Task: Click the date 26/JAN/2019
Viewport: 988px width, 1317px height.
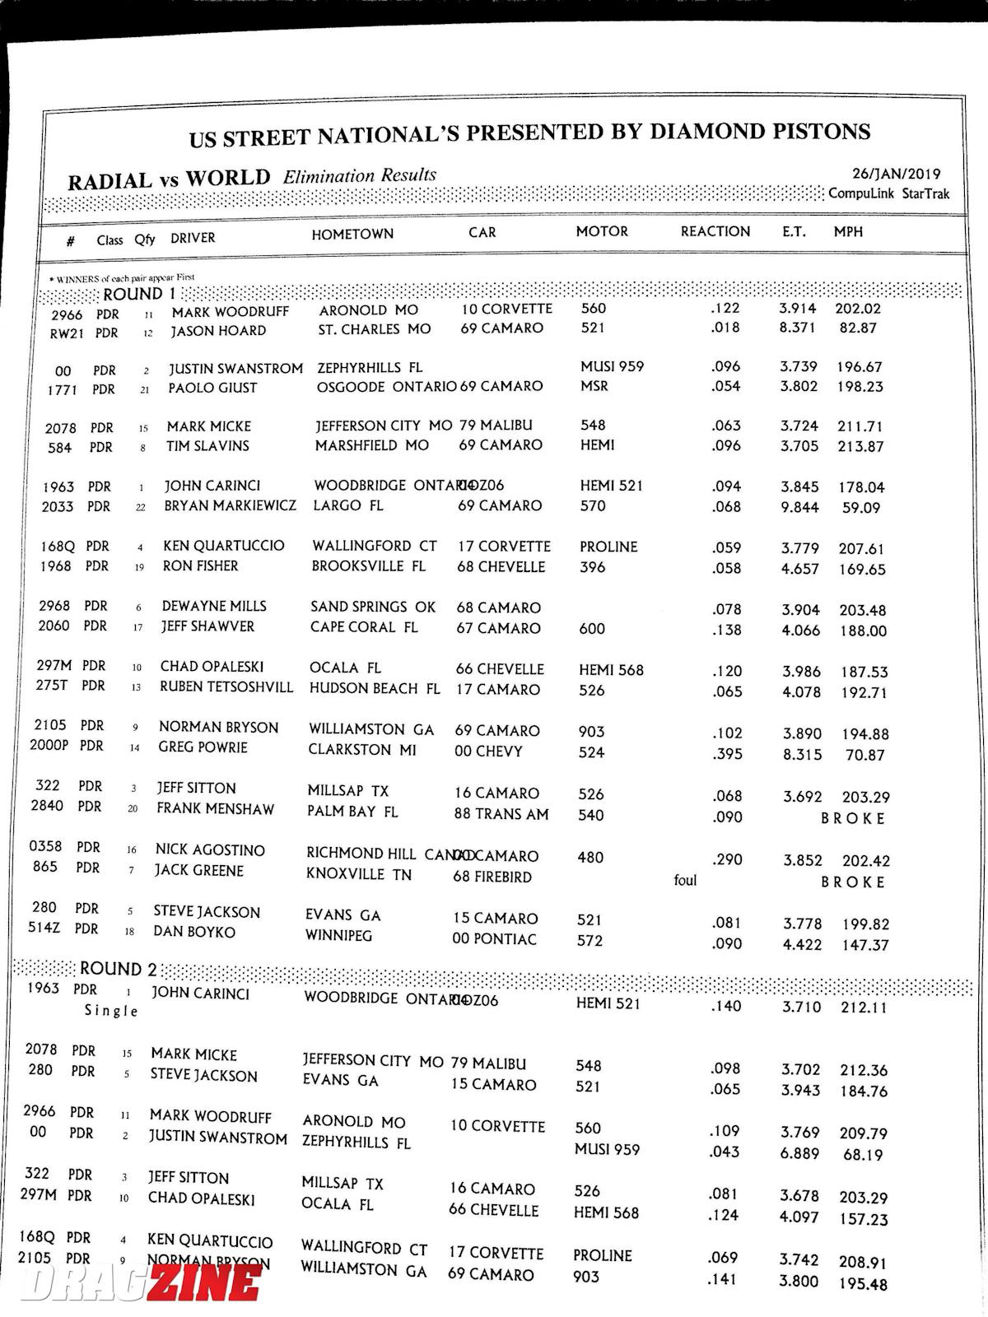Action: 896,174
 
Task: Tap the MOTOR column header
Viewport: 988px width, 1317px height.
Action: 602,231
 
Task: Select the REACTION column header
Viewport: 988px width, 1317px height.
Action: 715,231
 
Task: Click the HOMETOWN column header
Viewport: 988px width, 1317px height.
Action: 352,234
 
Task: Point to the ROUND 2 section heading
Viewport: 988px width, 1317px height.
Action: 118,969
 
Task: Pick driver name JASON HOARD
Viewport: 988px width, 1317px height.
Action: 218,331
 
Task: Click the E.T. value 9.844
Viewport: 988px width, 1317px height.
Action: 799,507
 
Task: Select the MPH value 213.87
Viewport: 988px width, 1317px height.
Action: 860,446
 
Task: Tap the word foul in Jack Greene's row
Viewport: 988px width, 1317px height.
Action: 685,880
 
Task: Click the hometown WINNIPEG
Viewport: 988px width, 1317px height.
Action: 338,936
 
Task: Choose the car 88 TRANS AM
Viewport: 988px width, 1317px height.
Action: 501,814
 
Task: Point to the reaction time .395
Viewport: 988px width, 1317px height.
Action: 726,754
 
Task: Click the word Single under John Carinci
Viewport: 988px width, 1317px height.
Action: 111,1011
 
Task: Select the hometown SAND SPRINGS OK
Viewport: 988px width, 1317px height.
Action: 373,607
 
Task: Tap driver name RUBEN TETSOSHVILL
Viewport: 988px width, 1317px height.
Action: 226,686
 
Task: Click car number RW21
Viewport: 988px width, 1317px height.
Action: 67,333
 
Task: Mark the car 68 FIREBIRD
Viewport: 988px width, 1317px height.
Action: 492,877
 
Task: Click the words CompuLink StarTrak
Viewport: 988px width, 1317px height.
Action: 888,193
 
